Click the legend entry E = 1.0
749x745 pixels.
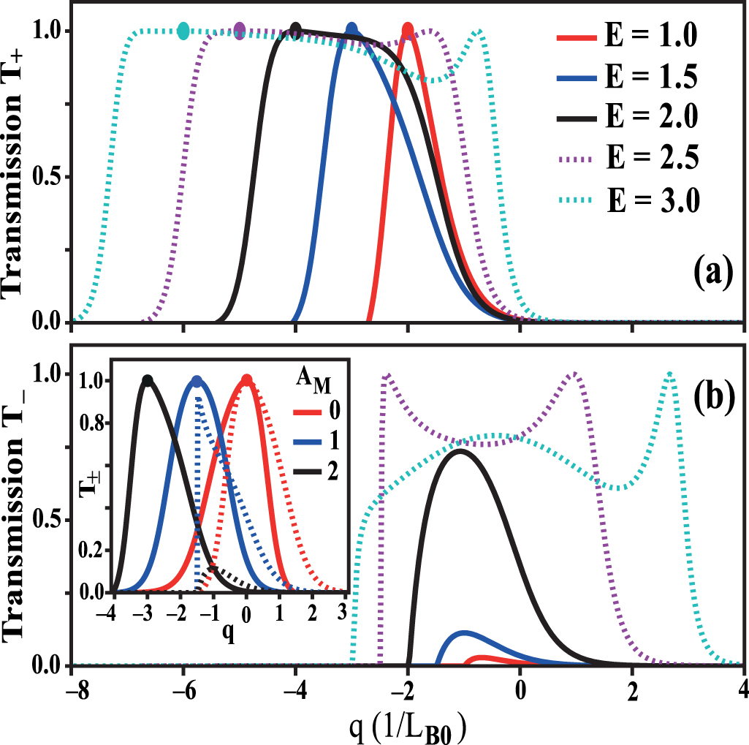pos(624,34)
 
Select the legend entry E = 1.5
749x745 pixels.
pos(624,75)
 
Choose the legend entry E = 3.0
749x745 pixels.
pos(624,199)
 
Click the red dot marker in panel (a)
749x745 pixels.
pos(408,30)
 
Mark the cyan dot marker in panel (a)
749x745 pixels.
pos(183,30)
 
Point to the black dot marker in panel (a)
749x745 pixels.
pos(295,29)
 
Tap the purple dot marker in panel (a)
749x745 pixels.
pos(240,30)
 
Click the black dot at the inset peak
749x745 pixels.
pos(148,380)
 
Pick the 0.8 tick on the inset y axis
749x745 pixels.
pos(98,423)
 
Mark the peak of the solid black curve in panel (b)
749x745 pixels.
pos(460,450)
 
